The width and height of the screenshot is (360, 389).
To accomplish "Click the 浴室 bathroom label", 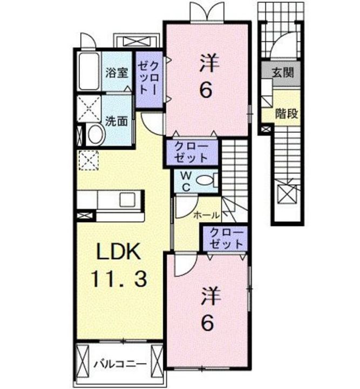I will click(x=117, y=72).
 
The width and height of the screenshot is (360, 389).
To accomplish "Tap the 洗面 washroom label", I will click(x=117, y=120).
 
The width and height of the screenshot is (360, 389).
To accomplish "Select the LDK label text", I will click(x=119, y=252).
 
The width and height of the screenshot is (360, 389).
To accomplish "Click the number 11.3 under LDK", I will click(x=119, y=279).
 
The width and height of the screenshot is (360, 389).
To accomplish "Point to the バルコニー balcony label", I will click(x=119, y=362).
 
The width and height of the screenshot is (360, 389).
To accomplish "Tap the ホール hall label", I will click(x=207, y=215).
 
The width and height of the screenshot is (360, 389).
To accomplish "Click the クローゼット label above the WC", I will click(x=192, y=152).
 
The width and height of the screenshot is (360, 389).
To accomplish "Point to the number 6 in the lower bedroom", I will click(x=208, y=323).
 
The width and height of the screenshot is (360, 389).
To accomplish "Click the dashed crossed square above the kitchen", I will click(x=87, y=160).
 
